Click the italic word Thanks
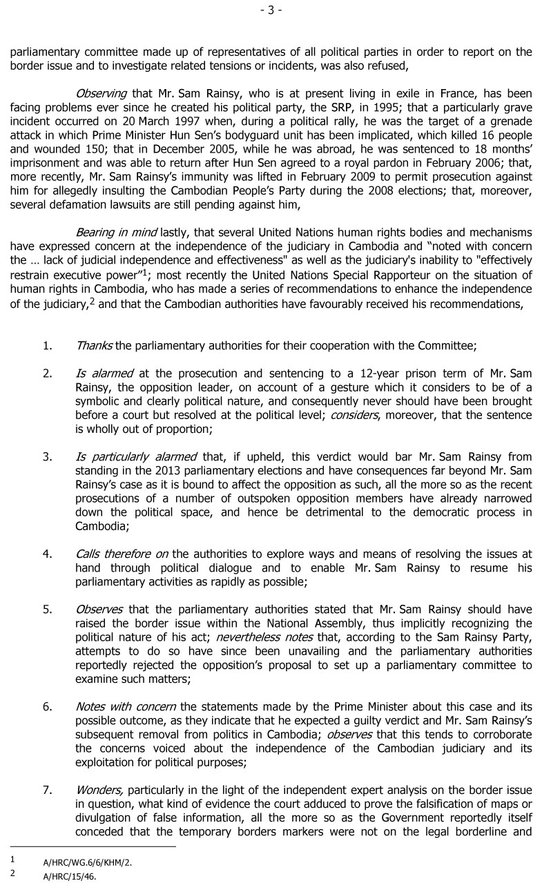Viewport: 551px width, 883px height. [x=94, y=346]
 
